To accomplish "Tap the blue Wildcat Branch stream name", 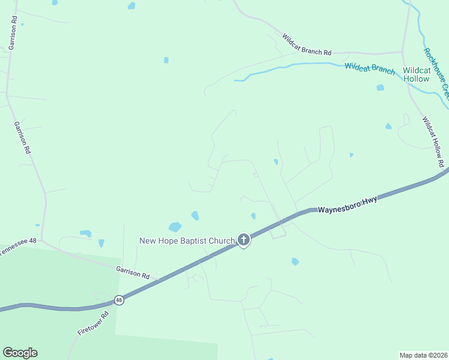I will pos(370,68).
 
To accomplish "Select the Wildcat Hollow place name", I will pos(416,74).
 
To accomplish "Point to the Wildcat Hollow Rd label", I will pos(433,141).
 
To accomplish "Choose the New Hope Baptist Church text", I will pos(187,241).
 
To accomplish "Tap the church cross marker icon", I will pos(243,241).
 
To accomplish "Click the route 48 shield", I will pos(119,300).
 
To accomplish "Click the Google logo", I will pos(20,353).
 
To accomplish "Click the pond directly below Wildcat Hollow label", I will pos(380,88).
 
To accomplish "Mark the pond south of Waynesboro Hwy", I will pos(295,262).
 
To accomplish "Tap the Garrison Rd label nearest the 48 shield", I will pos(133,272).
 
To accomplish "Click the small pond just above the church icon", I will pos(253,216).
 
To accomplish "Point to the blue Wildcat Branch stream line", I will pos(288,66).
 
